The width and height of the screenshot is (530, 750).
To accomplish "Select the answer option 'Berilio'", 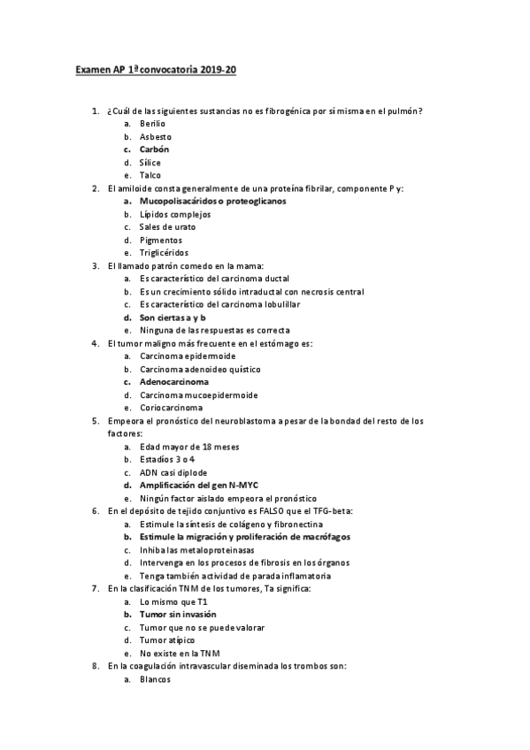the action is pyautogui.click(x=152, y=124).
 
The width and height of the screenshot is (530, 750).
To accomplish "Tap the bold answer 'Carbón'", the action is pyautogui.click(x=155, y=149).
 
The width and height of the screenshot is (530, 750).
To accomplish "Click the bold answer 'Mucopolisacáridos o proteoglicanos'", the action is pyautogui.click(x=212, y=201).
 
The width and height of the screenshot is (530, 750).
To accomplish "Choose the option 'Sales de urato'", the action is pyautogui.click(x=166, y=226).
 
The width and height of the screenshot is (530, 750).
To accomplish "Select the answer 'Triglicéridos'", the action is pyautogui.click(x=164, y=252).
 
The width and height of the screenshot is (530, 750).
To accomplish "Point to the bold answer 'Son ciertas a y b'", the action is pyautogui.click(x=173, y=317).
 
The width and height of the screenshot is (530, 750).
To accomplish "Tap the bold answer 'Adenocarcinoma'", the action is pyautogui.click(x=174, y=381).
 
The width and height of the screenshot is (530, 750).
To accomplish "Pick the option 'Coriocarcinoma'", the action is pyautogui.click(x=172, y=408).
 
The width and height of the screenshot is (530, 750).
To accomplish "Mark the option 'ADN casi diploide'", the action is pyautogui.click(x=174, y=472).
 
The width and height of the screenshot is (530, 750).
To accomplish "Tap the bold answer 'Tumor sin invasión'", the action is pyautogui.click(x=179, y=614).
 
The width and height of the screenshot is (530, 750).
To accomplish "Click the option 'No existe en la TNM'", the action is pyautogui.click(x=180, y=653).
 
